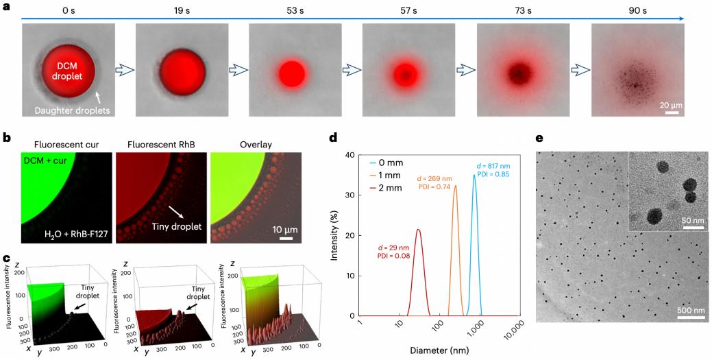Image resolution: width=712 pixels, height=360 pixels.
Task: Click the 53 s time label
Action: pos(293,11)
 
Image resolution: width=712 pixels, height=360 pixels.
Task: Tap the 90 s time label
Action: pos(635,11)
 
